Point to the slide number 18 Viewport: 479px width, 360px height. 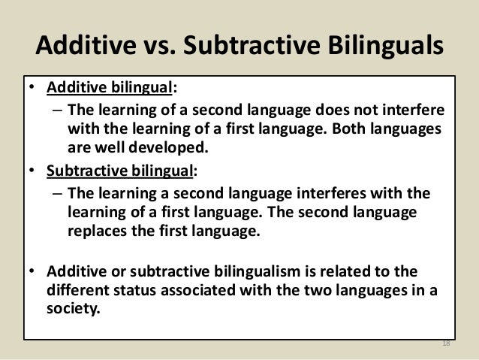(444, 344)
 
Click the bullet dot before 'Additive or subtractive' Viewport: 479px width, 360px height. (34, 271)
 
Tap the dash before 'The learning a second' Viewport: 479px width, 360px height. (57, 194)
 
